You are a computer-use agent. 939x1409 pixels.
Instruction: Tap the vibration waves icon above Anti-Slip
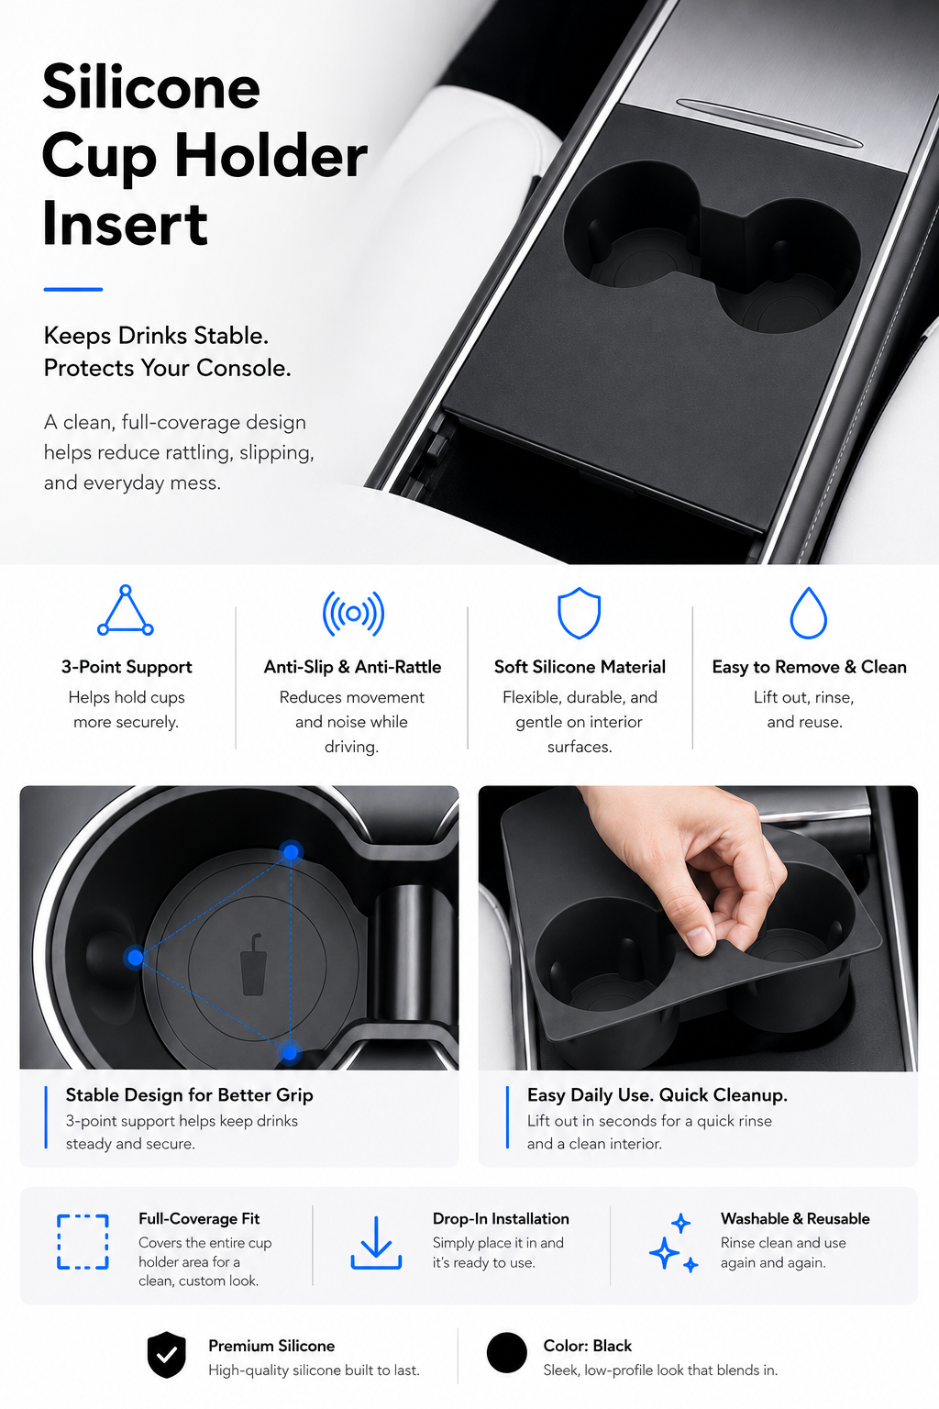point(353,614)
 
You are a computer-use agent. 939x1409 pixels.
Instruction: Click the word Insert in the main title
point(125,225)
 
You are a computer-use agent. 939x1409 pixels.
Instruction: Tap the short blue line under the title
point(73,289)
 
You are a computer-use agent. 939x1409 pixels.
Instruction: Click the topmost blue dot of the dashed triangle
point(291,852)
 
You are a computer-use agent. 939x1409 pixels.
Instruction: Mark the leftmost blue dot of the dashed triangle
point(135,958)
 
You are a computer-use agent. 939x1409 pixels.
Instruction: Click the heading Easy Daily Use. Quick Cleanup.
point(657,1095)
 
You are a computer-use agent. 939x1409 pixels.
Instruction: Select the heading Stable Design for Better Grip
point(189,1095)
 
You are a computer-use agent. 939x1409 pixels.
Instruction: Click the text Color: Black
point(588,1346)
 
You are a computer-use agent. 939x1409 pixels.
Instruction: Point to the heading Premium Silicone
point(271,1346)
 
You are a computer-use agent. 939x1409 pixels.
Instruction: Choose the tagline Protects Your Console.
point(167,368)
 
